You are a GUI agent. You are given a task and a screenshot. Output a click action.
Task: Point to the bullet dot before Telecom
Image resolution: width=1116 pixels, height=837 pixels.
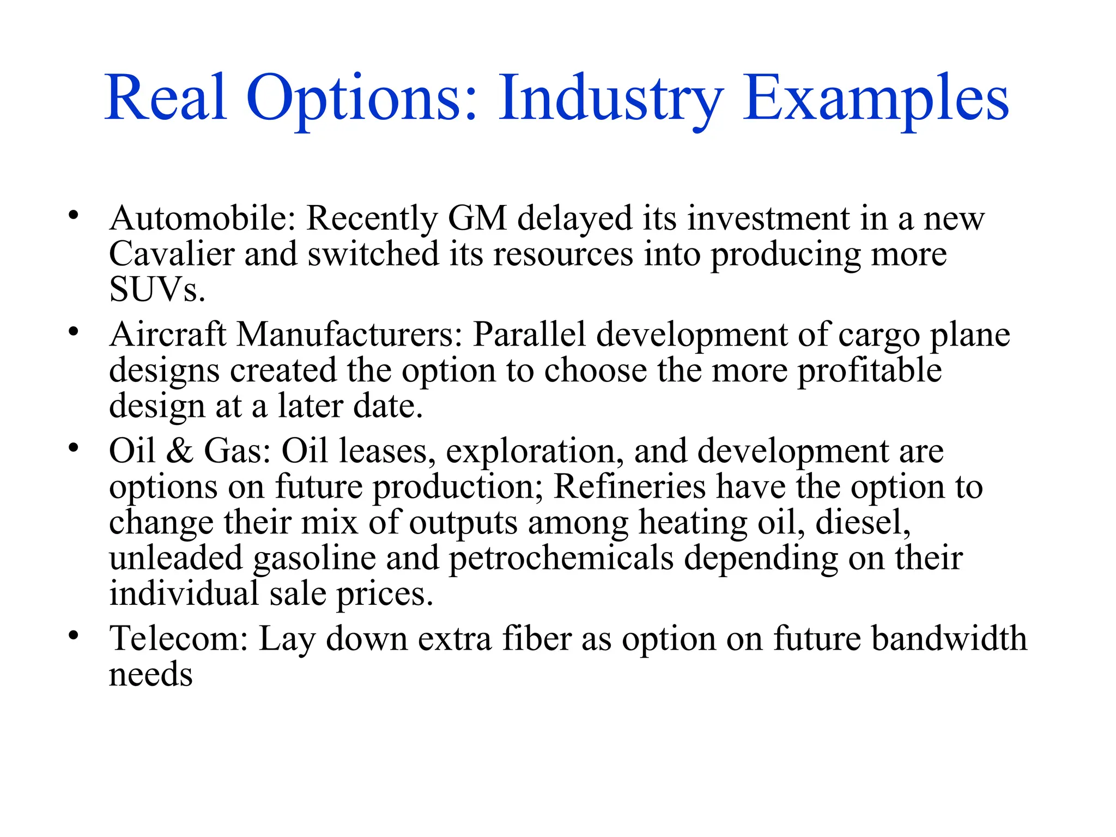(x=74, y=635)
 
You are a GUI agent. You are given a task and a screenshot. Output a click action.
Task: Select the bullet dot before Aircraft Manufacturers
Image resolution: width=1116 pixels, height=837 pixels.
(x=74, y=331)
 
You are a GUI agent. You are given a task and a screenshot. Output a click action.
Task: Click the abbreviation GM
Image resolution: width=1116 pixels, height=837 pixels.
(x=477, y=219)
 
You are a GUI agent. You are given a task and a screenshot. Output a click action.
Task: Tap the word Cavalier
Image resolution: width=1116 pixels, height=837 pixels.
(x=172, y=254)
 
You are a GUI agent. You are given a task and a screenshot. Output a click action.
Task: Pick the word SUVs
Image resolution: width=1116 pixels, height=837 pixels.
(x=157, y=290)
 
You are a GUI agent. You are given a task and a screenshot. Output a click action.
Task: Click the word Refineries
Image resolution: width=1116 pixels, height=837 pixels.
(x=629, y=487)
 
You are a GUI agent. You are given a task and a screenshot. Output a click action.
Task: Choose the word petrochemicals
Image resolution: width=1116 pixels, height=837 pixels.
(x=561, y=559)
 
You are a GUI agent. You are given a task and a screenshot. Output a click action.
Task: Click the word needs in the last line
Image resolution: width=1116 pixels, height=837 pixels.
(x=151, y=675)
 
